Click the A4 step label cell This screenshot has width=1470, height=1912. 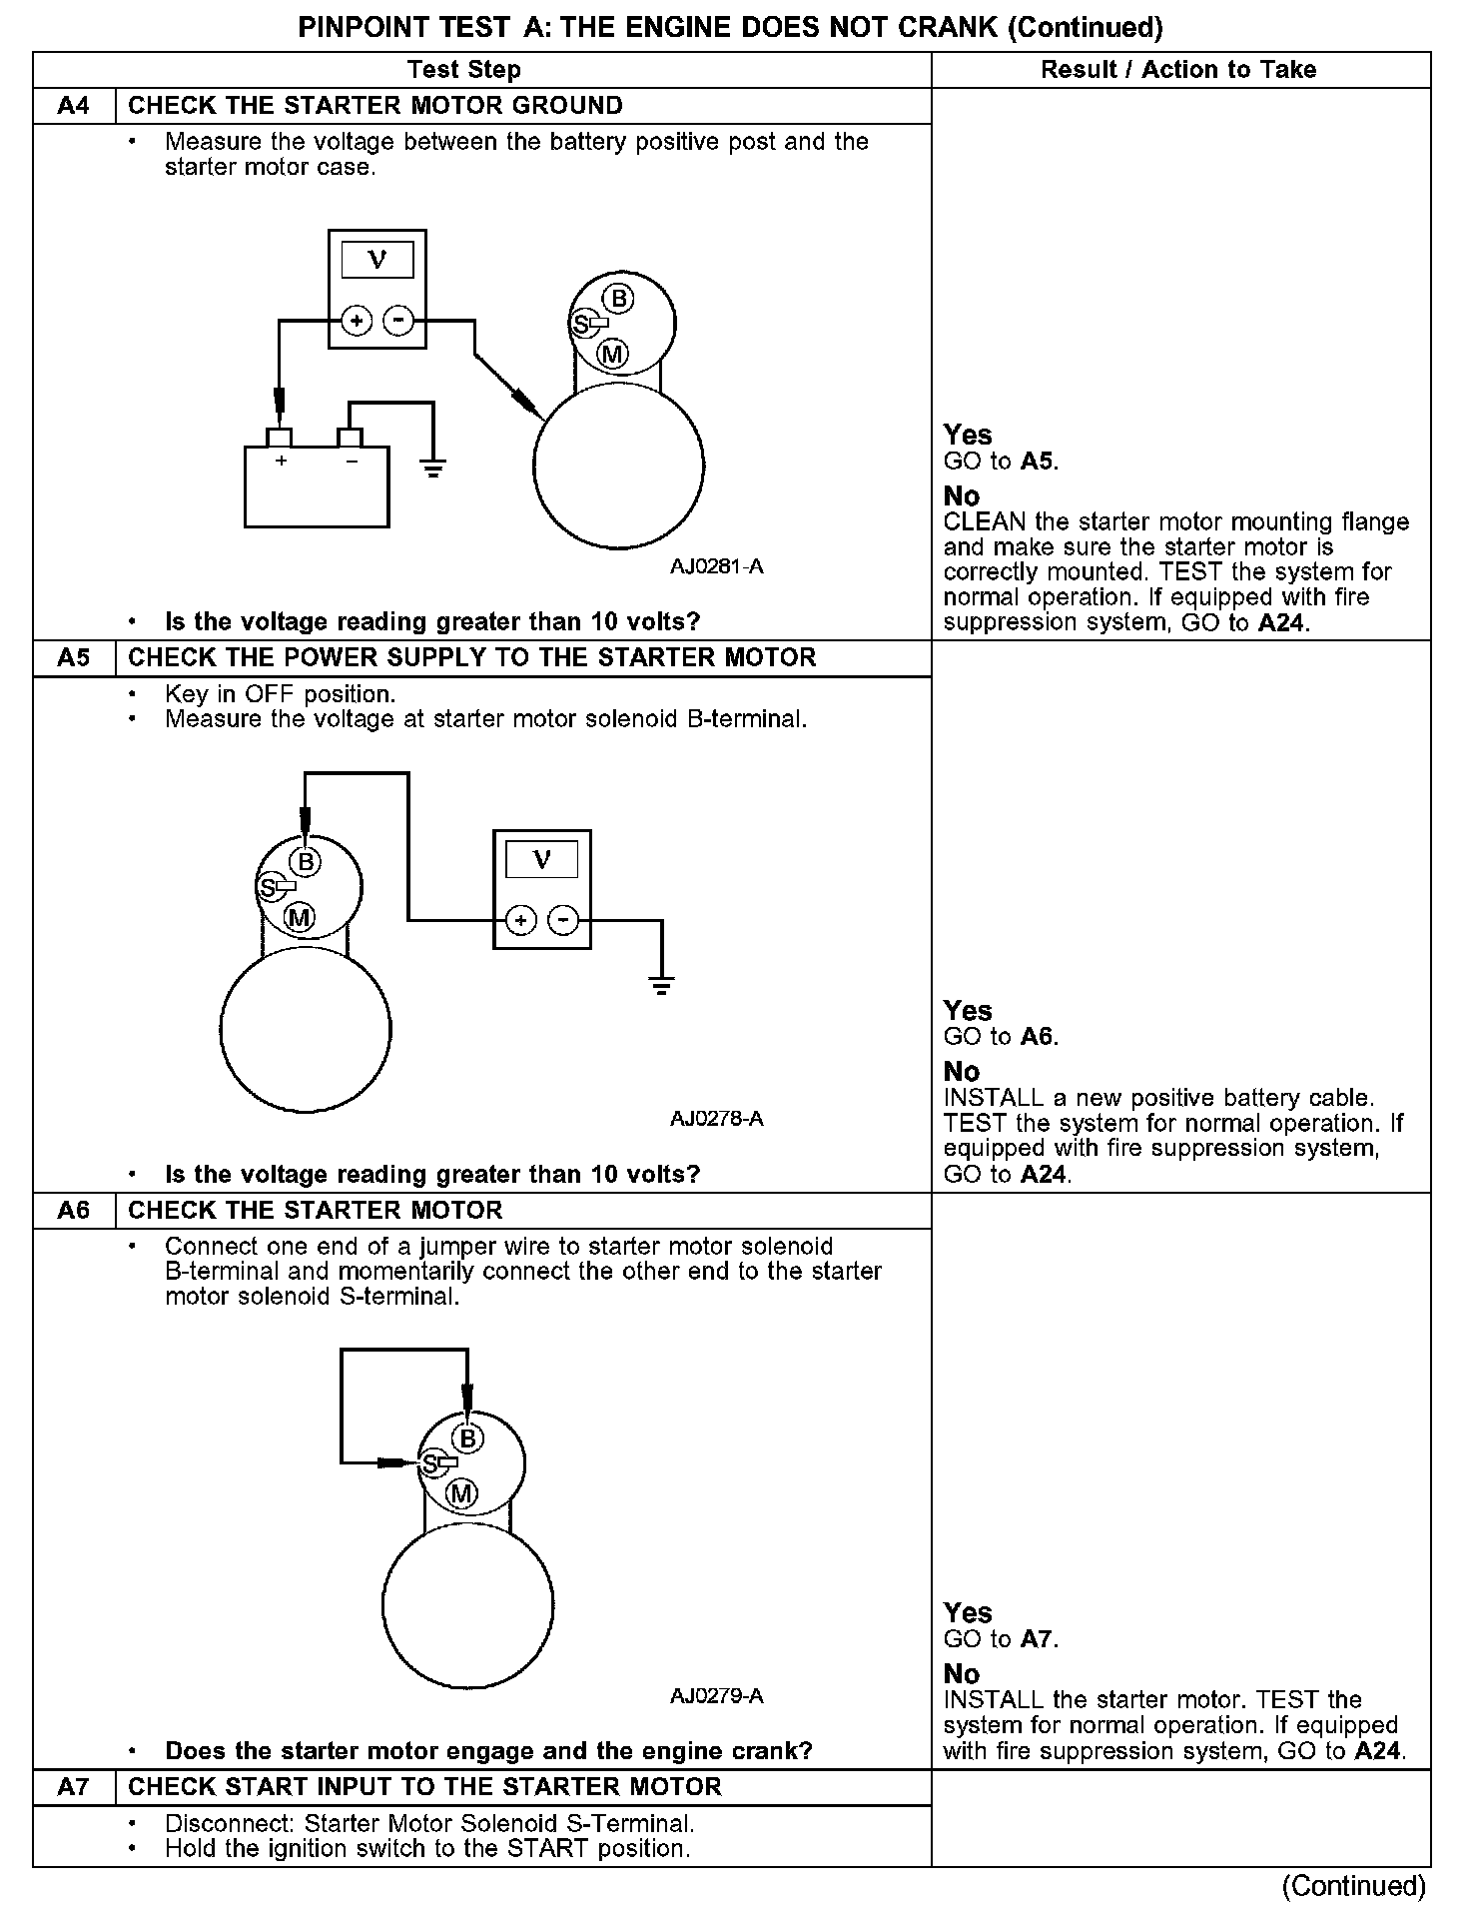74,106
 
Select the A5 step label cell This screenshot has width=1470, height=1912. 74,658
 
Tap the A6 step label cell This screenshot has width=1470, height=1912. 74,1211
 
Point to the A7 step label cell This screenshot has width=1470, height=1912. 74,1787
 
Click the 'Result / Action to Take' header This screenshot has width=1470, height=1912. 1178,70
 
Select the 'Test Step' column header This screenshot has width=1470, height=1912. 464,70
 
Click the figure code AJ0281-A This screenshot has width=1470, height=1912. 716,567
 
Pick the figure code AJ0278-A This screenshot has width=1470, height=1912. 716,1119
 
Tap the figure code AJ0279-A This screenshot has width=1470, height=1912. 716,1696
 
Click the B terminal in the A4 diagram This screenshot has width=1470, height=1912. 620,298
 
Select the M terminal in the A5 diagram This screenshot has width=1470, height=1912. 300,917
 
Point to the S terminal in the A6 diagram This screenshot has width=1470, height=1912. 431,1463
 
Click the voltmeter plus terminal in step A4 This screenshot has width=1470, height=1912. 357,321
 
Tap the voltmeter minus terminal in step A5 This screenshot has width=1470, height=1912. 564,920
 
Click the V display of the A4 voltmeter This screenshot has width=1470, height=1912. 377,261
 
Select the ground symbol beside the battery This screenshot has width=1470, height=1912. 432,469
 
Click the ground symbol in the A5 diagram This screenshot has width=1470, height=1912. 661,987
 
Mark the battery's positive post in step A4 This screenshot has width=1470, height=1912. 280,438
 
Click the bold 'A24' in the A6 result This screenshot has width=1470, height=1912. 1380,1751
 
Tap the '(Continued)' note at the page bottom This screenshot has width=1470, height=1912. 1354,1885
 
